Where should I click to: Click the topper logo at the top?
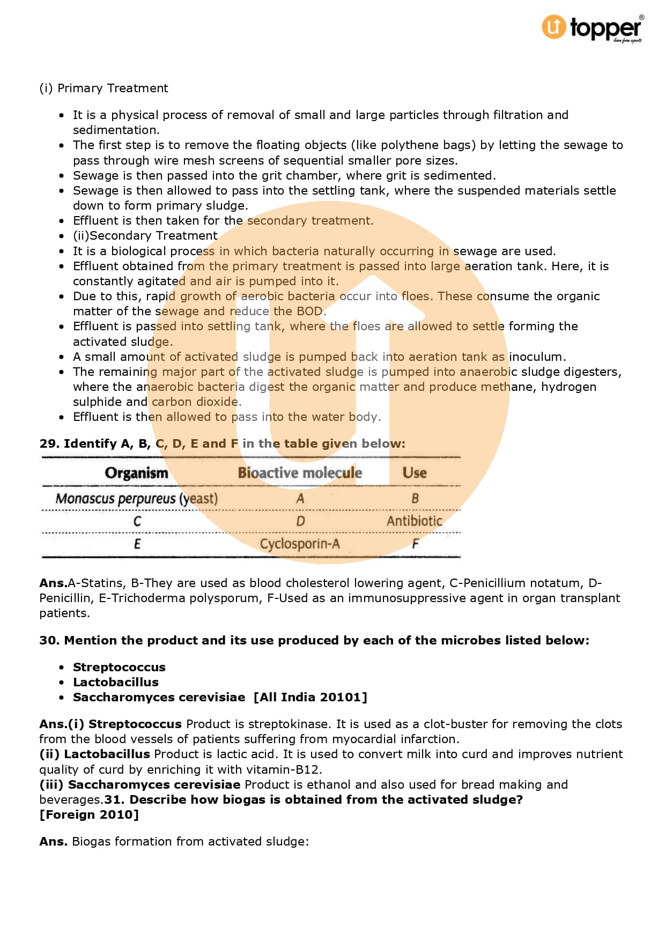tap(592, 28)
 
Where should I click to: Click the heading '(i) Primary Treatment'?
tap(104, 88)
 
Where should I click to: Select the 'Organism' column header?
tap(136, 473)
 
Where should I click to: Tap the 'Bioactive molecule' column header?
tap(300, 473)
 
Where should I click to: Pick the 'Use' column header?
tap(415, 473)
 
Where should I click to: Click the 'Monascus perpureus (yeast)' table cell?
tap(137, 499)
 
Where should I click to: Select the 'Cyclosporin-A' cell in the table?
tap(300, 544)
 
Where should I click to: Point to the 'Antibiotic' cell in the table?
tap(415, 521)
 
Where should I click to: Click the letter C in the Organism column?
tap(137, 521)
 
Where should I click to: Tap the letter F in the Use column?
tap(415, 544)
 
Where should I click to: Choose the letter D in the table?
tap(300, 521)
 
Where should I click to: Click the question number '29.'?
tap(49, 443)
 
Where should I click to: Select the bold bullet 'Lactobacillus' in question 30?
tap(116, 682)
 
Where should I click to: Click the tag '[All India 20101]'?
tap(311, 697)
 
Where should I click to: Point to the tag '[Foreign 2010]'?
tap(89, 814)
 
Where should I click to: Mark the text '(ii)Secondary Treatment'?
tap(145, 235)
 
